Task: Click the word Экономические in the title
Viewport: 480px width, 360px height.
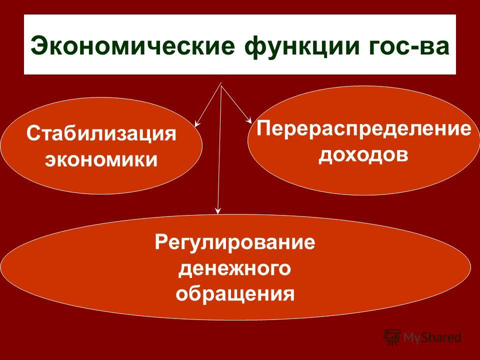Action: click(132, 46)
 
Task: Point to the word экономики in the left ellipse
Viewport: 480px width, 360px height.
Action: click(101, 160)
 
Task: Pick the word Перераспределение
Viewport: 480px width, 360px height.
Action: click(364, 129)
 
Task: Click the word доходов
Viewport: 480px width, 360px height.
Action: click(363, 155)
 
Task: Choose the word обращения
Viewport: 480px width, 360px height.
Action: click(235, 294)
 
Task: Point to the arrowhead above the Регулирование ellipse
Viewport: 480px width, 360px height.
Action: click(217, 210)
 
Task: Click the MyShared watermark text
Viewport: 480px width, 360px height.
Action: click(432, 337)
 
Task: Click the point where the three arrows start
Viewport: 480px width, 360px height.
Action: click(221, 83)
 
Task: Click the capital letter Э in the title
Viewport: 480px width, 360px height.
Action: click(40, 46)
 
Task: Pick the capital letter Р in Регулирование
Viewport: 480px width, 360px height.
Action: click(162, 242)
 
